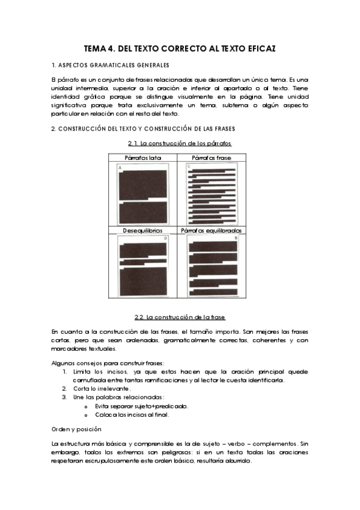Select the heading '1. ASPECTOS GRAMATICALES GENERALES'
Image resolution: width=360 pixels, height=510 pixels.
110,65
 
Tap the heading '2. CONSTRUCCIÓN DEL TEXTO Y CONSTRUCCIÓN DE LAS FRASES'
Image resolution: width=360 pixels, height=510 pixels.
143,129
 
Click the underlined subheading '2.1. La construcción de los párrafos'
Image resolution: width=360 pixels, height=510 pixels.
180,143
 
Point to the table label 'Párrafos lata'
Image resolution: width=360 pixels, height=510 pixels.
142,158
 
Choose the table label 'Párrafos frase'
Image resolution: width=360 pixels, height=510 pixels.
213,158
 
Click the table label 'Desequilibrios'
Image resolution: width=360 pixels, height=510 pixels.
142,230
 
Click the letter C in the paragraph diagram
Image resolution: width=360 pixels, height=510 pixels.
189,166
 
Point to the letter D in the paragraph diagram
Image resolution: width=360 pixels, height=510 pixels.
166,238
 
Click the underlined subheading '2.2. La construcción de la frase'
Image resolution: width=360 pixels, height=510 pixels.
180,316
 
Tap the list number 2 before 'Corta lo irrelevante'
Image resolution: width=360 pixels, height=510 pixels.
64,389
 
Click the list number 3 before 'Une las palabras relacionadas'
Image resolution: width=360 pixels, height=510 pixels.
64,398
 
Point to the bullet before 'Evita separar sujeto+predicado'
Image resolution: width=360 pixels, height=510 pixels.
88,407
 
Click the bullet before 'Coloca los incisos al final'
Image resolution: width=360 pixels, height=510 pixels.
88,415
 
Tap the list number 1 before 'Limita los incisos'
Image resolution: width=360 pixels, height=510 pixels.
64,372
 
